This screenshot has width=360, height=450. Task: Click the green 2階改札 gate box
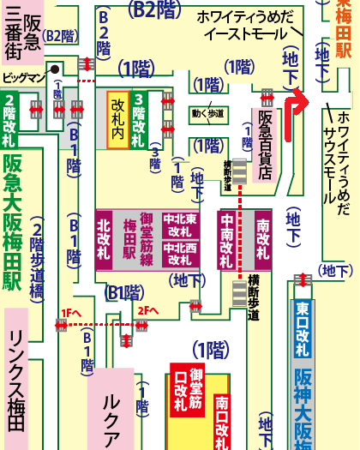[9, 119]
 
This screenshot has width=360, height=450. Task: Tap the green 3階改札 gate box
[139, 120]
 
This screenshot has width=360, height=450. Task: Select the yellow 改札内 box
[117, 120]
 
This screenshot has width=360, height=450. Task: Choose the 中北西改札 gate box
[180, 254]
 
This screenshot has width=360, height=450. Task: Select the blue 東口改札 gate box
[303, 321]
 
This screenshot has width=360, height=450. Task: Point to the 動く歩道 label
[207, 111]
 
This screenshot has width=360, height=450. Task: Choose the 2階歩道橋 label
[39, 261]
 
